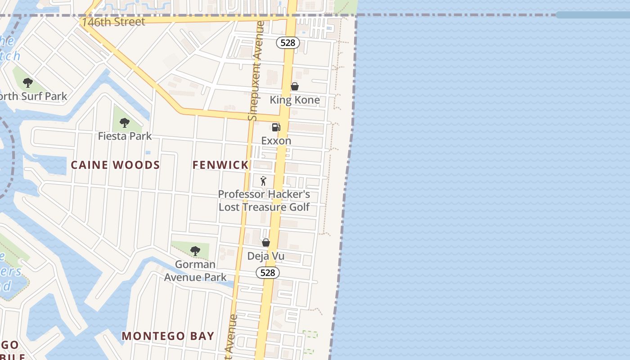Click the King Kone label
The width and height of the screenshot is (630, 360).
(x=295, y=100)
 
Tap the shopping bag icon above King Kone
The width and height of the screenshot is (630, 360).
(x=295, y=86)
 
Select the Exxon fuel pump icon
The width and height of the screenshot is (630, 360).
(x=276, y=127)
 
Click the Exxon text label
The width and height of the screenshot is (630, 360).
(x=276, y=141)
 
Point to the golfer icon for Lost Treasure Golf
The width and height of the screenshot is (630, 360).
(x=264, y=181)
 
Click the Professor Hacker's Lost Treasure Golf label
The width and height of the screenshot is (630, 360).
(x=264, y=201)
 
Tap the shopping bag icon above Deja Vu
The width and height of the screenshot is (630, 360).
(x=266, y=243)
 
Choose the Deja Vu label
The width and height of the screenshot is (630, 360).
(x=266, y=256)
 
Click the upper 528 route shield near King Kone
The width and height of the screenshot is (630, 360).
(x=288, y=43)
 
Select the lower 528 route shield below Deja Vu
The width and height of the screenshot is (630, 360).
(x=268, y=273)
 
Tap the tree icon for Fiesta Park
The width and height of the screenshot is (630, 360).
(x=125, y=122)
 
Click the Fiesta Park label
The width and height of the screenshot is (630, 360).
(x=125, y=136)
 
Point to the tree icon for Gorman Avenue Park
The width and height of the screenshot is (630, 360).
(x=195, y=251)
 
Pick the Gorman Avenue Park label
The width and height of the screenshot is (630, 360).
(x=195, y=270)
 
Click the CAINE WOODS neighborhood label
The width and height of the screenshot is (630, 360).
(x=115, y=165)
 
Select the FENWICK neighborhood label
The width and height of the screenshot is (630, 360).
(x=220, y=165)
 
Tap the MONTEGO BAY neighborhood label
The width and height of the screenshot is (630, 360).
(x=168, y=336)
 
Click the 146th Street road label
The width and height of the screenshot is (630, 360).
(x=113, y=22)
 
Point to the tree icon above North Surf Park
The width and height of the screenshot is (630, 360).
(x=28, y=83)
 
